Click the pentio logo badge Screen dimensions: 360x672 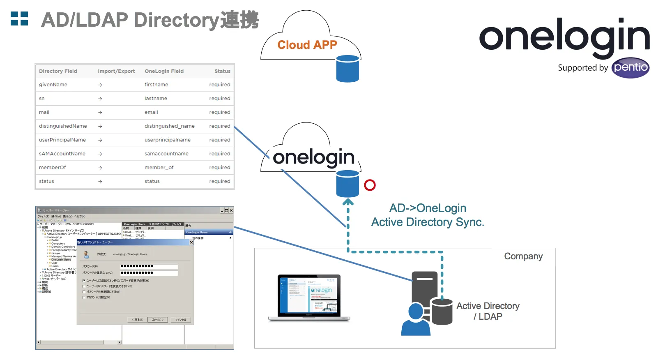tap(630, 68)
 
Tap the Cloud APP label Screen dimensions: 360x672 tap(307, 45)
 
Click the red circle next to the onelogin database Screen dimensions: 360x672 tap(370, 185)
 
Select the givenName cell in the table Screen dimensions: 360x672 tap(53, 85)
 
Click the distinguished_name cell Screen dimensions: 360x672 tap(169, 126)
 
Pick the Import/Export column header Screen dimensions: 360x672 tap(116, 71)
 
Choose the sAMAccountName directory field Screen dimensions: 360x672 tap(62, 154)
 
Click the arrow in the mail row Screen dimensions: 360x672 tap(100, 113)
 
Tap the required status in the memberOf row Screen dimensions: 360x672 tap(219, 168)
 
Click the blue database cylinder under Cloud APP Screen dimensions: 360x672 tap(348, 69)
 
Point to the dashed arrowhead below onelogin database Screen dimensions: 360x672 tap(348, 202)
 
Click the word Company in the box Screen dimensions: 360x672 tap(523, 256)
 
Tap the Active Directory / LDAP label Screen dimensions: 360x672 tap(488, 311)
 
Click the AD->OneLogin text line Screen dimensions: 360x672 tap(428, 208)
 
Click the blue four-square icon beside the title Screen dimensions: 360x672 tap(19, 18)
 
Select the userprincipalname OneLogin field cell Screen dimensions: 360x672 tap(167, 140)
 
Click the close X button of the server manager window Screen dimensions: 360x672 tap(231, 210)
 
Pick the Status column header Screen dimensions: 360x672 tap(222, 71)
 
